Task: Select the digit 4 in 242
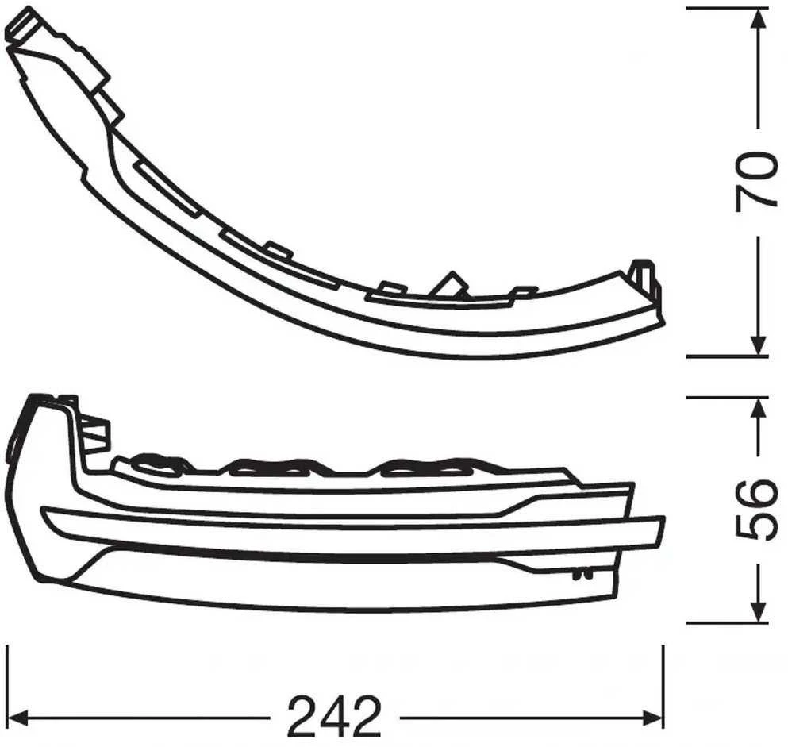[x=334, y=715]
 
